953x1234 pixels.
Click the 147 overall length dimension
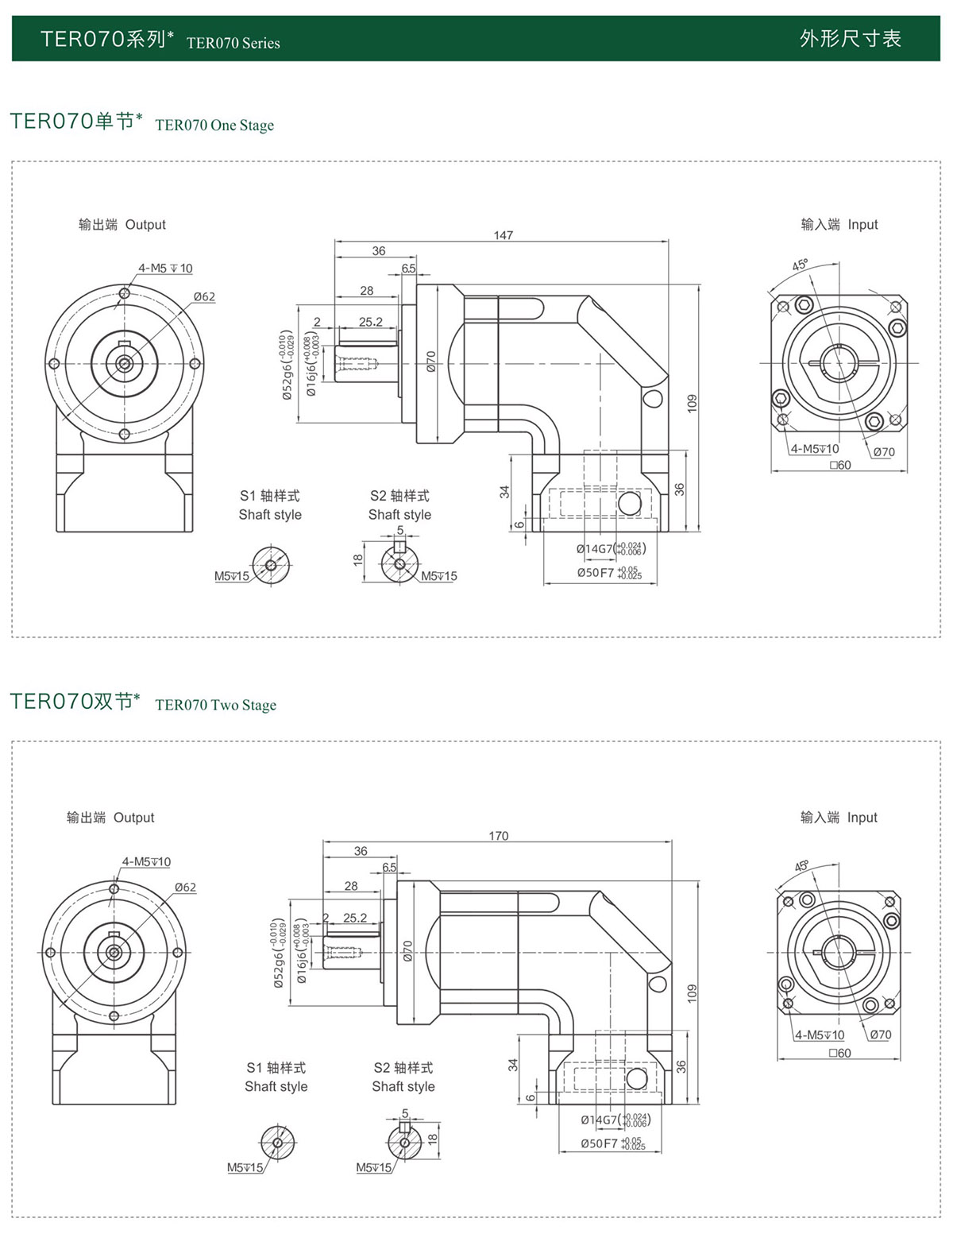click(503, 235)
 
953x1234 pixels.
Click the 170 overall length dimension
click(498, 836)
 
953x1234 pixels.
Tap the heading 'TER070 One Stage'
click(214, 126)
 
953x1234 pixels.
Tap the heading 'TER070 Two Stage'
click(215, 706)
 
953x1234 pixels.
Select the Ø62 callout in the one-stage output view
click(204, 296)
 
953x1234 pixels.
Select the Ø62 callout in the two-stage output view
click(185, 888)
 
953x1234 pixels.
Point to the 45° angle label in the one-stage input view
click(800, 265)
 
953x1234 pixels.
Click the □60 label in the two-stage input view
click(839, 1053)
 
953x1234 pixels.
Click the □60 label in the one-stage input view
click(840, 466)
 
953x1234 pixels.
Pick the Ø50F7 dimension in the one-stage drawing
click(608, 573)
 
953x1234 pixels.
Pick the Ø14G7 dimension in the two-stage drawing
click(615, 1120)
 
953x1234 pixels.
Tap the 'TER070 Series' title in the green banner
click(233, 43)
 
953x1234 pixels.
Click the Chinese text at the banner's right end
click(850, 39)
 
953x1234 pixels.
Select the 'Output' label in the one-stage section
click(145, 225)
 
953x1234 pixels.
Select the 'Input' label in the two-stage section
click(862, 818)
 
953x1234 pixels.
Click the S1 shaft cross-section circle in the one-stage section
click(271, 565)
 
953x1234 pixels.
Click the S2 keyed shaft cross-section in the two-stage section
click(404, 1142)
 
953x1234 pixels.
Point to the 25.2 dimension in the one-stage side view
click(370, 322)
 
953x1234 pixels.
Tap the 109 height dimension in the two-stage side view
click(692, 992)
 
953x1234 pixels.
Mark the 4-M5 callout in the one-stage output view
click(165, 269)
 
